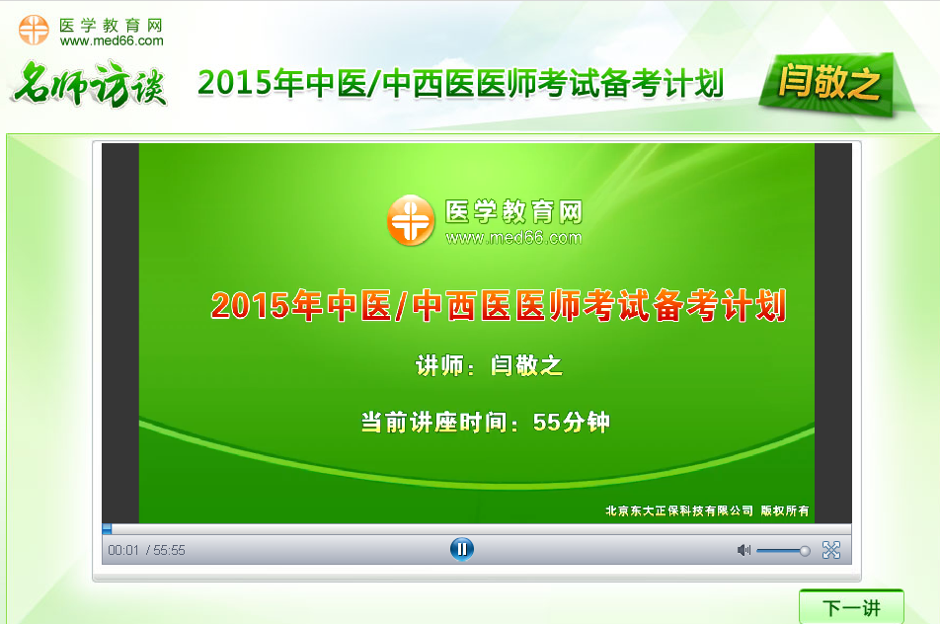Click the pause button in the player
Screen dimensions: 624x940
coord(461,549)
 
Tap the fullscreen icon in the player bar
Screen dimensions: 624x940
coord(831,550)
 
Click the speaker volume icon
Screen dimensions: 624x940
coord(744,550)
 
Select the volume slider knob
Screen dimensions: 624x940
coord(805,550)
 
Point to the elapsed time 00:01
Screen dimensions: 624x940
coord(123,550)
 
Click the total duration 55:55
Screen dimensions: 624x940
coord(169,550)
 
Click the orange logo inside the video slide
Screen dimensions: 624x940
coord(410,219)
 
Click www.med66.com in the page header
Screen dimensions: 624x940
coord(112,41)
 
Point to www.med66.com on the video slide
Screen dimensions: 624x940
coord(513,238)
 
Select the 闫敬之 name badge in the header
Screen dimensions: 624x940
coord(827,84)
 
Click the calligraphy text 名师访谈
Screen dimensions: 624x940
coord(89,84)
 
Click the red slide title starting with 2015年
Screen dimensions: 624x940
coord(499,306)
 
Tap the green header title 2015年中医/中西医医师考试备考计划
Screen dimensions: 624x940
coord(460,84)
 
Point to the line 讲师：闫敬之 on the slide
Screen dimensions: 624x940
coord(489,366)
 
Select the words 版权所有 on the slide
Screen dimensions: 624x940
coord(785,510)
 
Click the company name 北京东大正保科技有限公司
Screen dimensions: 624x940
coord(679,510)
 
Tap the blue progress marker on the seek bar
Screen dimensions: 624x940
coord(107,529)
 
